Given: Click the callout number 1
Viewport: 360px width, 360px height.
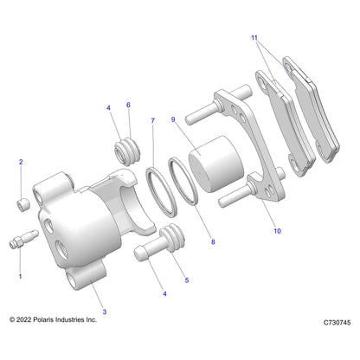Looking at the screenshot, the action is [x=20, y=276].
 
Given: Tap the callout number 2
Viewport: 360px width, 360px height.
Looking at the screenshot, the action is [x=21, y=162].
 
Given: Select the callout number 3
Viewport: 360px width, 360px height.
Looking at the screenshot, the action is [x=105, y=312].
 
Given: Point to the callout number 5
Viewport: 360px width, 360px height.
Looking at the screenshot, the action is [x=187, y=280].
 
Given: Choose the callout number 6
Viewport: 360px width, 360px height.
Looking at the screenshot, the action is [x=128, y=105].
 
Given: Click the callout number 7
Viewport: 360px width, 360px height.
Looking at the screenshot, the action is [x=153, y=120].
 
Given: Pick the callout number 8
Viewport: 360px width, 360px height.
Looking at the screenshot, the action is [x=213, y=241].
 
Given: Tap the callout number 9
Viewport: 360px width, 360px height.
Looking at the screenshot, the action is [x=173, y=119].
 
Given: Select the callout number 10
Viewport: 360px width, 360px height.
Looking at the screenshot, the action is [x=277, y=231].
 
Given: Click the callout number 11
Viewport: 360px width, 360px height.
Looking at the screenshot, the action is [x=254, y=38].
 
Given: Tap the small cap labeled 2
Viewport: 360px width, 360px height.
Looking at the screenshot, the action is [x=23, y=204].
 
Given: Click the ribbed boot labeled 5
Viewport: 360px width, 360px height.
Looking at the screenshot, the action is [x=172, y=237].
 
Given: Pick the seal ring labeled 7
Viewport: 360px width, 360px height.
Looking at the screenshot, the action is [x=161, y=191].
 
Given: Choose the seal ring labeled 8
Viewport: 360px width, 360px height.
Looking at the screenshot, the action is [x=183, y=181].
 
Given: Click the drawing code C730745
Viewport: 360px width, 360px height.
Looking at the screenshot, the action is [x=337, y=323].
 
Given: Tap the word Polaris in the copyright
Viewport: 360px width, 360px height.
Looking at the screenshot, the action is [x=43, y=319].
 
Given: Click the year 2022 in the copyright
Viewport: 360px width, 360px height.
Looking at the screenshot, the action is [x=23, y=319].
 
